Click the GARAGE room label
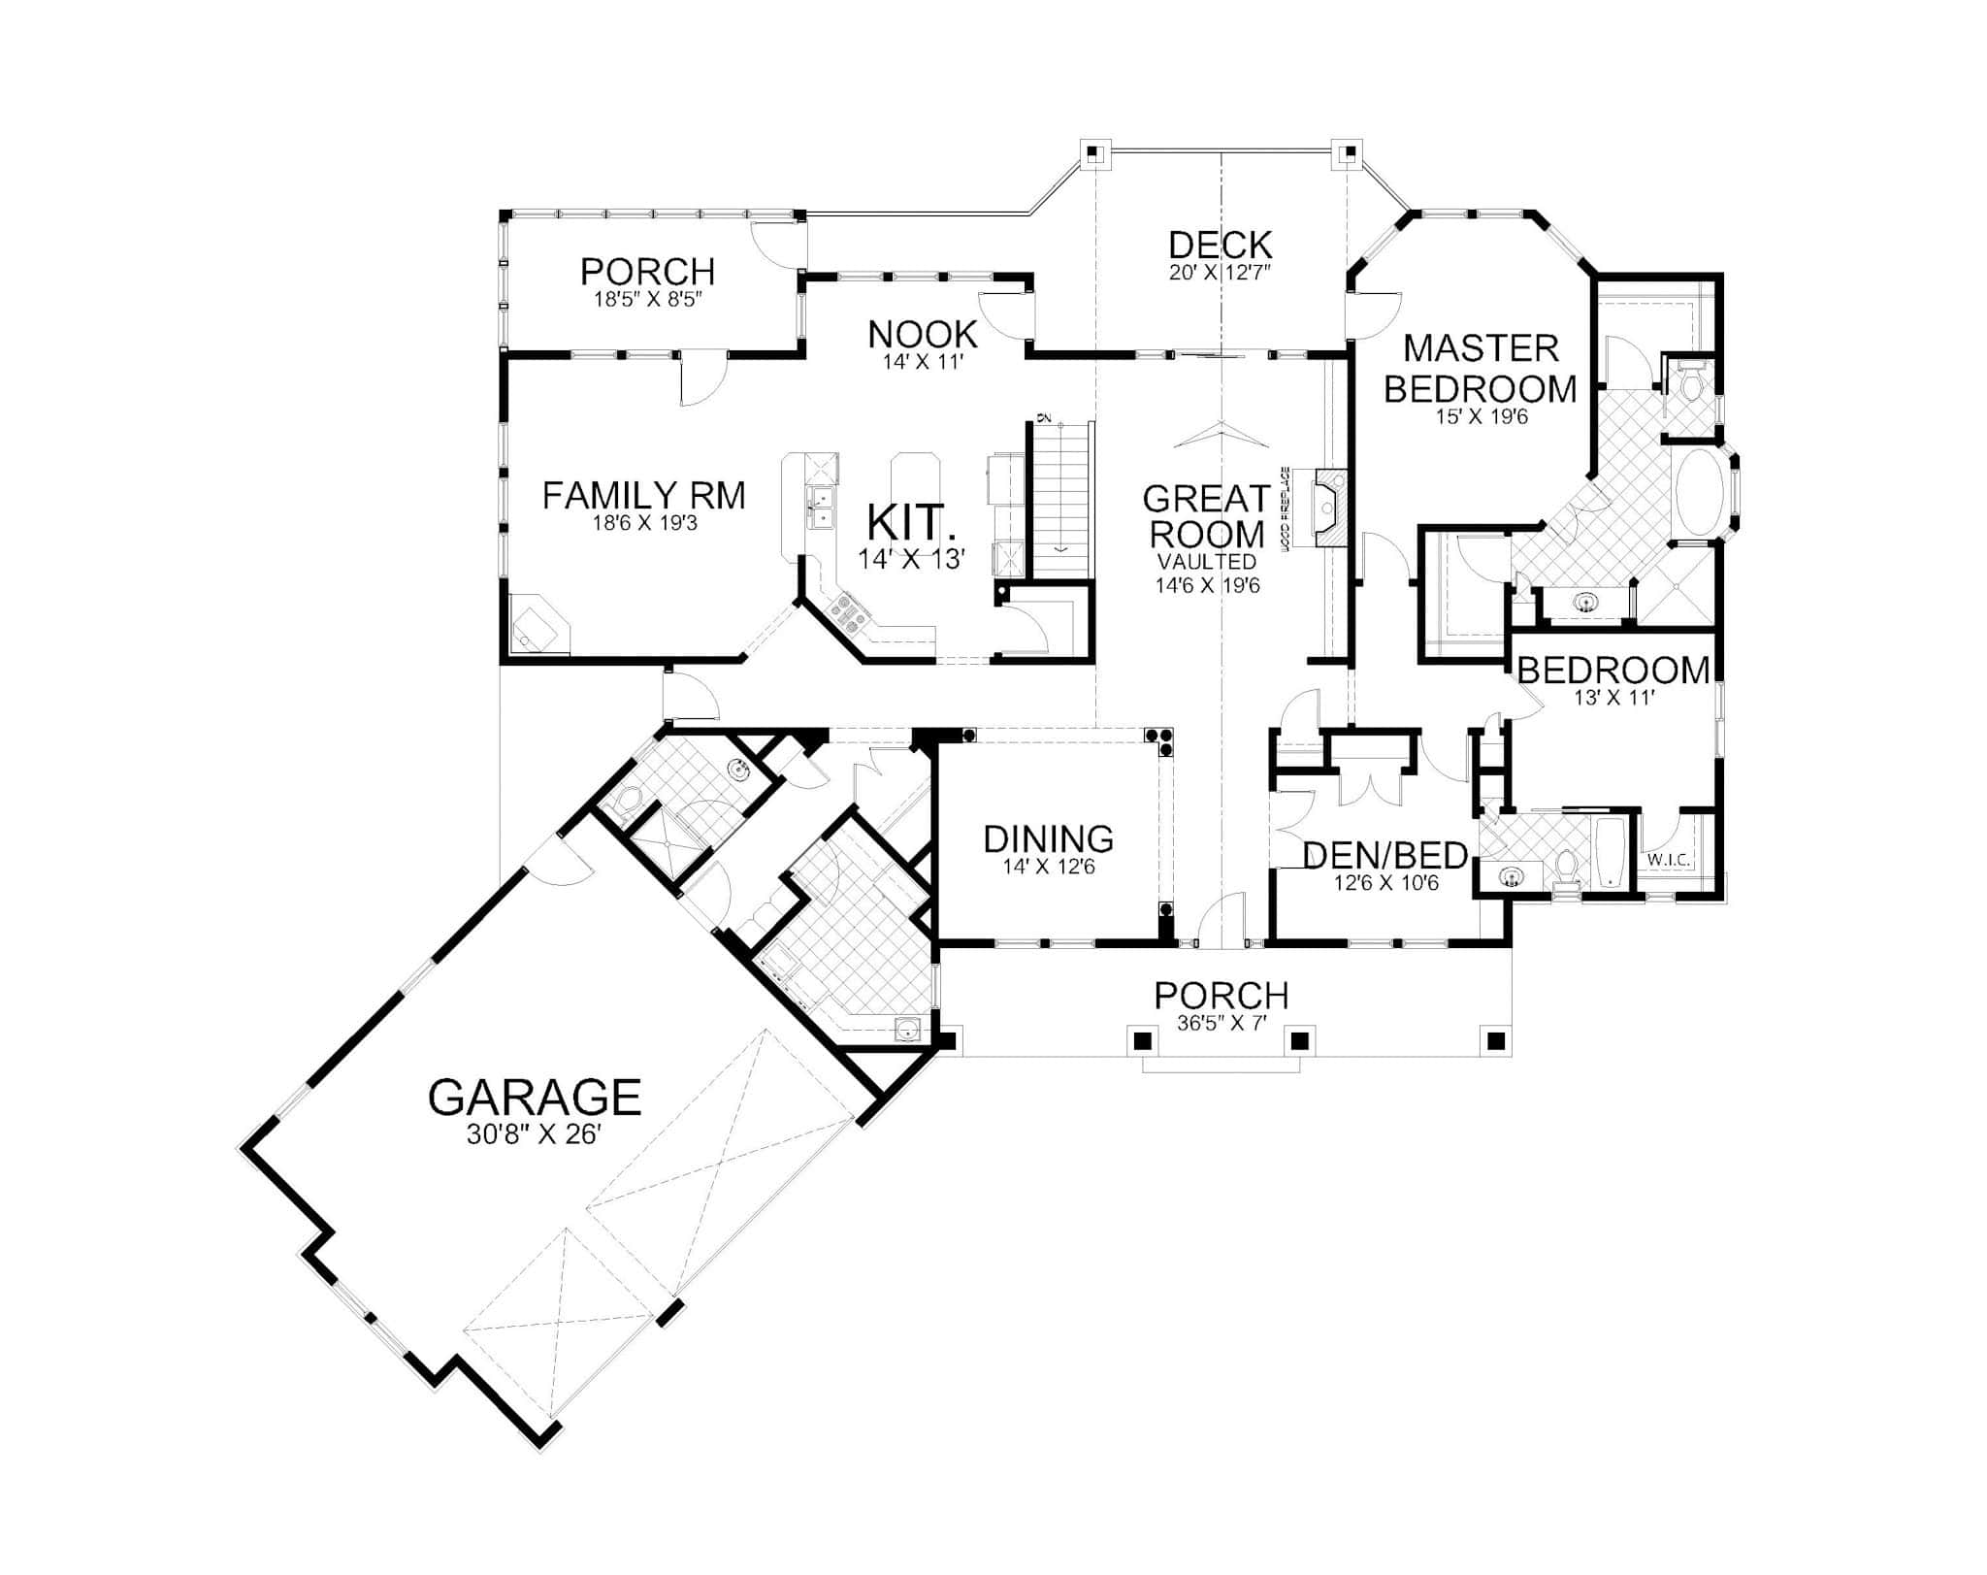535,1097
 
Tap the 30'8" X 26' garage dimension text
535,1134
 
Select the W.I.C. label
1669,860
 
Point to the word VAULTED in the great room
1206,562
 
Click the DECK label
1220,246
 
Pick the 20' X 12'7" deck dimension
1220,273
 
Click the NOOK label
922,335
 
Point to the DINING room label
1048,838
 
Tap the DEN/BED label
1384,856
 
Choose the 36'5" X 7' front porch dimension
1222,1023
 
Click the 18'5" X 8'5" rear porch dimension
647,299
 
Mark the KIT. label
911,522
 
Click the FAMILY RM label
643,496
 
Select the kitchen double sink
821,508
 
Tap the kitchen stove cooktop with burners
846,613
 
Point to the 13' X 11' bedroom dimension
1612,698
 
